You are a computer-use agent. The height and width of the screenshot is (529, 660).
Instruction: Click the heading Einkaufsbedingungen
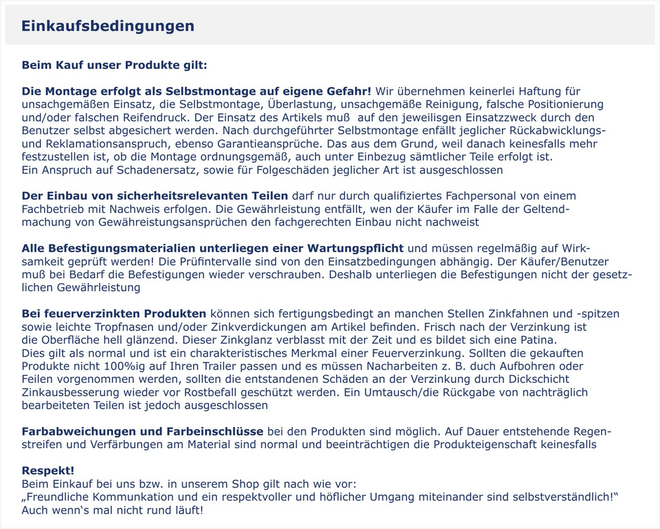(x=107, y=26)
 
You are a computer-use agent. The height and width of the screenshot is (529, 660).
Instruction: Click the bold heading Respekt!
(x=48, y=470)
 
